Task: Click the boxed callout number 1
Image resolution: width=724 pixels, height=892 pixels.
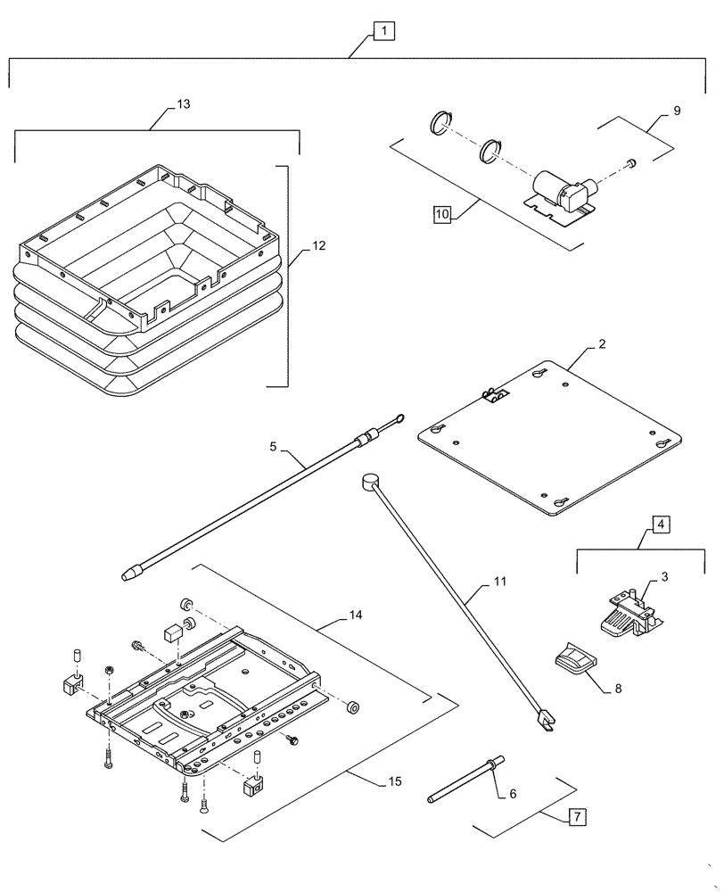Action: click(383, 31)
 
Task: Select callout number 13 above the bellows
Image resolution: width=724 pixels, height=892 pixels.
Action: click(183, 104)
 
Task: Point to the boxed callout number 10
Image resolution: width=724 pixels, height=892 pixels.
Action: click(443, 214)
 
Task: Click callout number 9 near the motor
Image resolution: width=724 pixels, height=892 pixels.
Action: click(676, 111)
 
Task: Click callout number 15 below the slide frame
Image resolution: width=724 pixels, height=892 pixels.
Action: click(394, 781)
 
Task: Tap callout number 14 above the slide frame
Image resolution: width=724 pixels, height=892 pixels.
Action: click(355, 615)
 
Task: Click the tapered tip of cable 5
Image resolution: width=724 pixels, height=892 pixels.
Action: click(130, 574)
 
